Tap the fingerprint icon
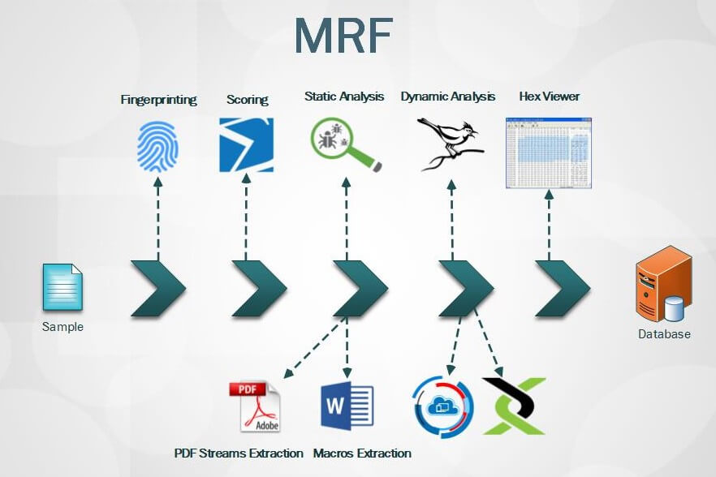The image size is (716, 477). (158, 145)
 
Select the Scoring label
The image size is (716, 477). (247, 100)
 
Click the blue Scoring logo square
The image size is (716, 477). (246, 145)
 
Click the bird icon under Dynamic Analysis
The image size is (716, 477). (449, 143)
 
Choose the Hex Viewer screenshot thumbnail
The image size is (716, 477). (549, 153)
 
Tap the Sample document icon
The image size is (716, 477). (63, 287)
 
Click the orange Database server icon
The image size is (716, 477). (663, 285)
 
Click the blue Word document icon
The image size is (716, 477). (347, 406)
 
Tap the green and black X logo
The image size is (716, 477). (513, 406)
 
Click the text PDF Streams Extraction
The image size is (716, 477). (239, 453)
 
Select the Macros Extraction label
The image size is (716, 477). (362, 453)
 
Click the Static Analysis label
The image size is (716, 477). (344, 97)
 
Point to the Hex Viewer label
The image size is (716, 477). (550, 97)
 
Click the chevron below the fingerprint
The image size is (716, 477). (158, 288)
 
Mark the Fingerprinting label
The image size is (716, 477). (158, 100)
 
